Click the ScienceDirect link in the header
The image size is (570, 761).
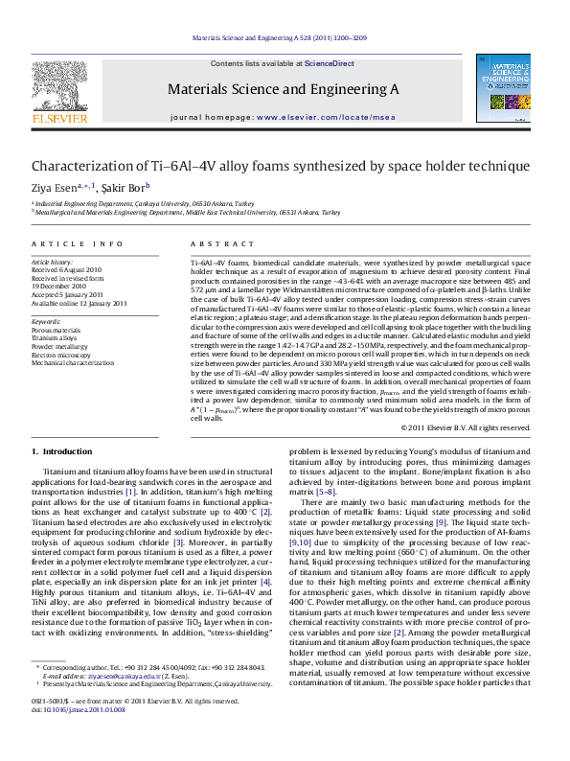(330, 63)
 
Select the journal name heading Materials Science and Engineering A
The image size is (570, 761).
(284, 88)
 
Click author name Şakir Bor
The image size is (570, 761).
(126, 188)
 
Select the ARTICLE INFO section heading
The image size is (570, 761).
(78, 245)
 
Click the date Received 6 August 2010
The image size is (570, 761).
(67, 270)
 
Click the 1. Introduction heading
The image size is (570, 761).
(62, 450)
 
